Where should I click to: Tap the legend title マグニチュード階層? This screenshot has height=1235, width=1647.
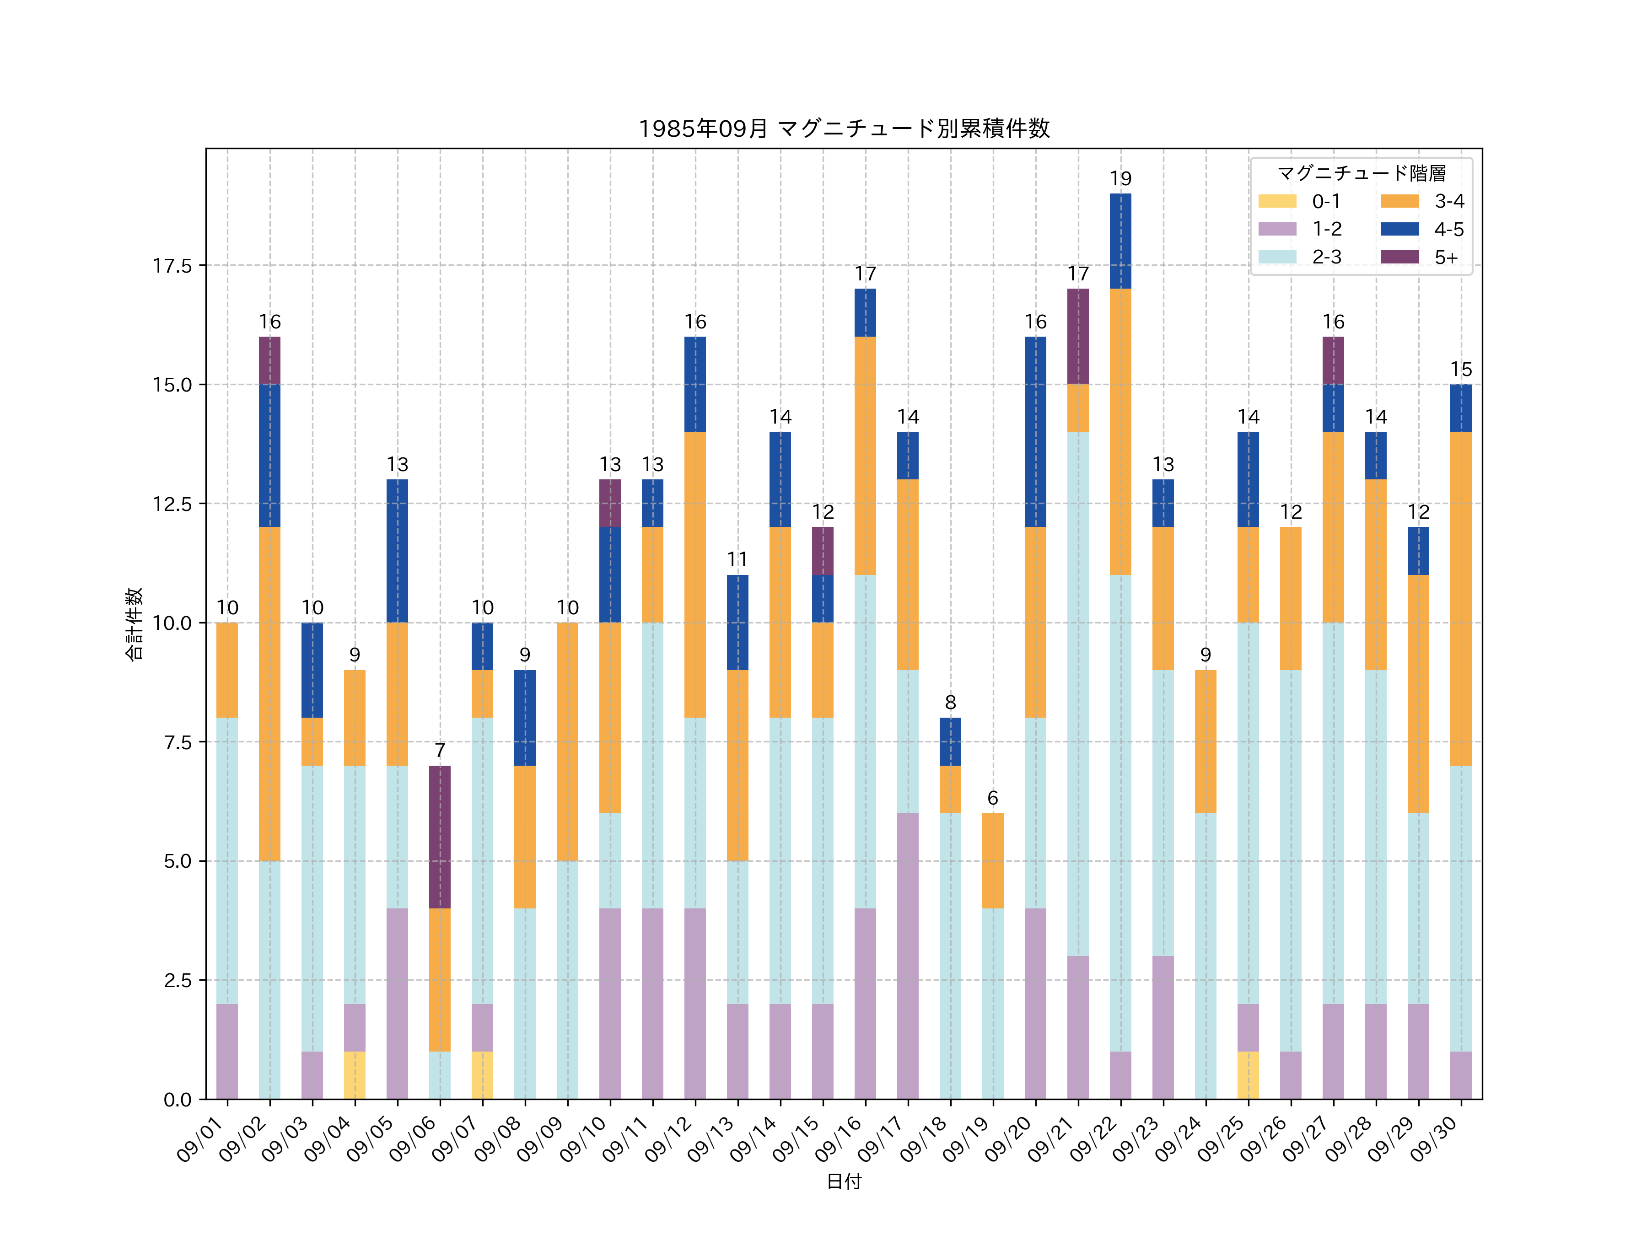(1361, 173)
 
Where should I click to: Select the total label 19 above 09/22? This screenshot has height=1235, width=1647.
(1120, 179)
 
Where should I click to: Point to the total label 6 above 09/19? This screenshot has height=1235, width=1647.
(992, 798)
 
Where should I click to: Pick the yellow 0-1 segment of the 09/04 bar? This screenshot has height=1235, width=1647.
(355, 1075)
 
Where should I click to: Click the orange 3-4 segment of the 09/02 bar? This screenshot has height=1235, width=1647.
(269, 694)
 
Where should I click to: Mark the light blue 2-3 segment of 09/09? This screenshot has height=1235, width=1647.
(567, 980)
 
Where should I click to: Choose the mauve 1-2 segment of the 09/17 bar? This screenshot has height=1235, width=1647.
(908, 956)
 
